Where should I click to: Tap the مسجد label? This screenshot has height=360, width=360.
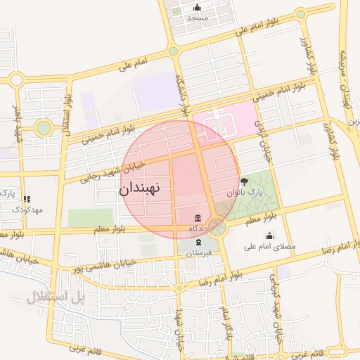pos(198,18)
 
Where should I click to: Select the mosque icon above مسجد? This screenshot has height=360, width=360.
pos(197,8)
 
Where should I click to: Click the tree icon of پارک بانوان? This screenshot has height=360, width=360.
pos(245,181)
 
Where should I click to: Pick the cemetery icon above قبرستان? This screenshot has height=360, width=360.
pos(198,242)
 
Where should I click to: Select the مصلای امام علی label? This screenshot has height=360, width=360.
pos(270,247)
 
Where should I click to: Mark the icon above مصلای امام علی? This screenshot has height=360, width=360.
pos(270,236)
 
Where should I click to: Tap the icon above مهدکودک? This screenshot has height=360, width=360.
pos(27,199)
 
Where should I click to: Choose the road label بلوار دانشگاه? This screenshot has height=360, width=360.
pos(183,95)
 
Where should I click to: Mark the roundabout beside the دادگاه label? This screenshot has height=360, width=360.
pos(217,229)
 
